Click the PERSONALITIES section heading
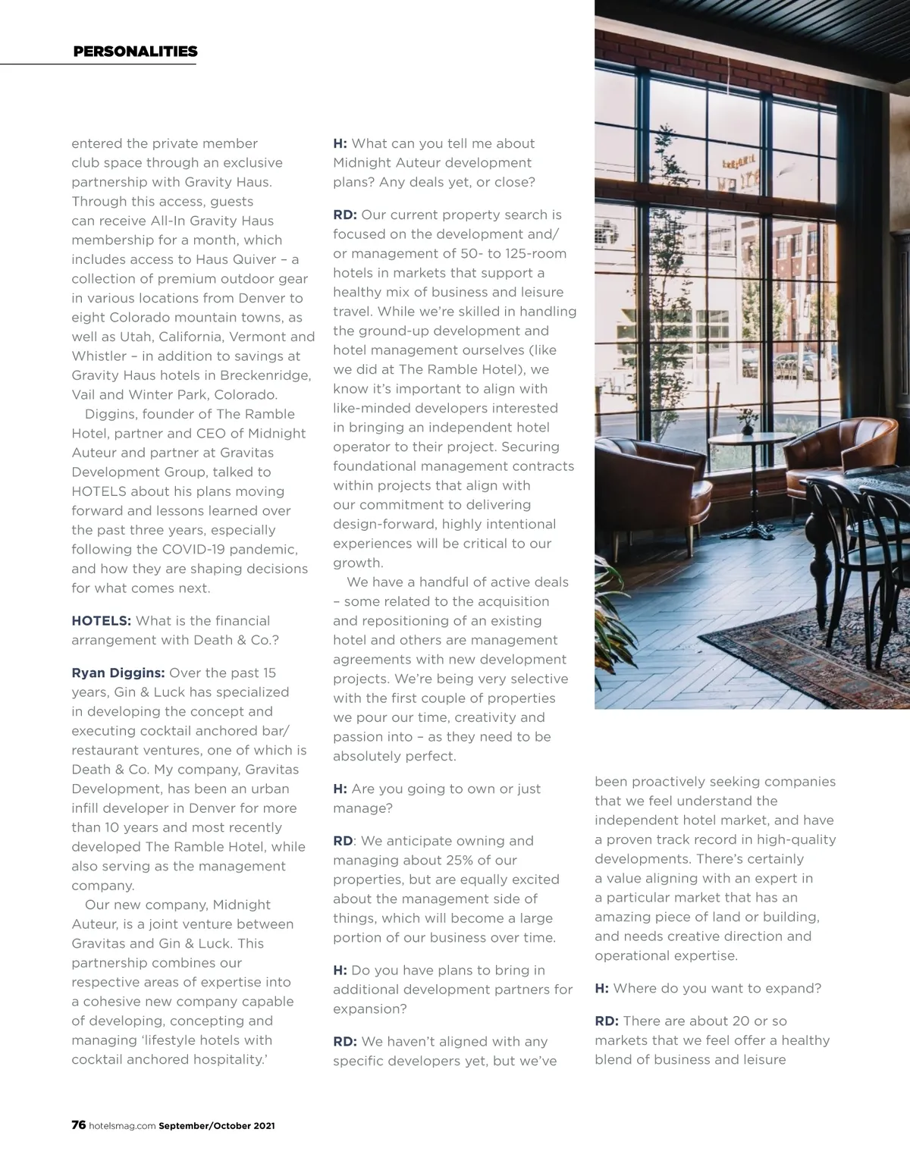tap(135, 52)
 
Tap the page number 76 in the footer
tap(78, 1125)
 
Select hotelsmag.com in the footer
tap(122, 1126)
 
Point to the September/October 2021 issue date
tap(217, 1126)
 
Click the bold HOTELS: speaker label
tap(101, 621)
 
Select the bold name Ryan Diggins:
tap(118, 673)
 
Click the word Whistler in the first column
tap(99, 356)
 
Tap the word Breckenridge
tap(268, 375)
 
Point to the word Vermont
tap(257, 337)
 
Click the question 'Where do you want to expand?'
tap(717, 988)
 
